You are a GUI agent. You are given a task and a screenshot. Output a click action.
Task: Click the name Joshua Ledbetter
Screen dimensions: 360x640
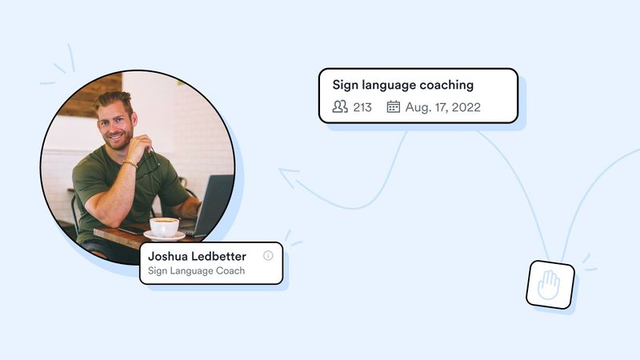197,256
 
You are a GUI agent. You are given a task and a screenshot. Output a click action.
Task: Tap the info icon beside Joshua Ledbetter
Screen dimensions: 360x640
268,256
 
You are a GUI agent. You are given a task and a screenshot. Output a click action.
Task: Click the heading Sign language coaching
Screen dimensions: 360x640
402,85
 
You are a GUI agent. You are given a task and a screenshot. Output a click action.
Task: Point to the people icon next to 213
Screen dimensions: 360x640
340,106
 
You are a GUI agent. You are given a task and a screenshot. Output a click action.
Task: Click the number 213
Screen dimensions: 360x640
362,107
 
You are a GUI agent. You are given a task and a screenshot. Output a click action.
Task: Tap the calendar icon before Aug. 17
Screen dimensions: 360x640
393,106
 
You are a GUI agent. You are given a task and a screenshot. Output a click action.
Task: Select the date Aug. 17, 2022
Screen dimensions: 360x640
442,107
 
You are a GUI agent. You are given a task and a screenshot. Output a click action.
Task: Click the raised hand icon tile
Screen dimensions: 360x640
550,285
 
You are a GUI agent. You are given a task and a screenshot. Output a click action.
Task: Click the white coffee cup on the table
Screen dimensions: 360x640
164,226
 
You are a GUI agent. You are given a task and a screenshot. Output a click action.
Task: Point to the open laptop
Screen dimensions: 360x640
210,206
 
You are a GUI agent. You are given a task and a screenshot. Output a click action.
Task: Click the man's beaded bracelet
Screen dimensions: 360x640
129,163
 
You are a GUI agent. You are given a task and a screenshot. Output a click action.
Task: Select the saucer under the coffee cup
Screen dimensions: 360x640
164,236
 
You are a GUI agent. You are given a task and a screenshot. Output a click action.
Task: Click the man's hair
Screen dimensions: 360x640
113,101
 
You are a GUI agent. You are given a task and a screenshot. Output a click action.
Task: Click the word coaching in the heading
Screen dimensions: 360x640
445,85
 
